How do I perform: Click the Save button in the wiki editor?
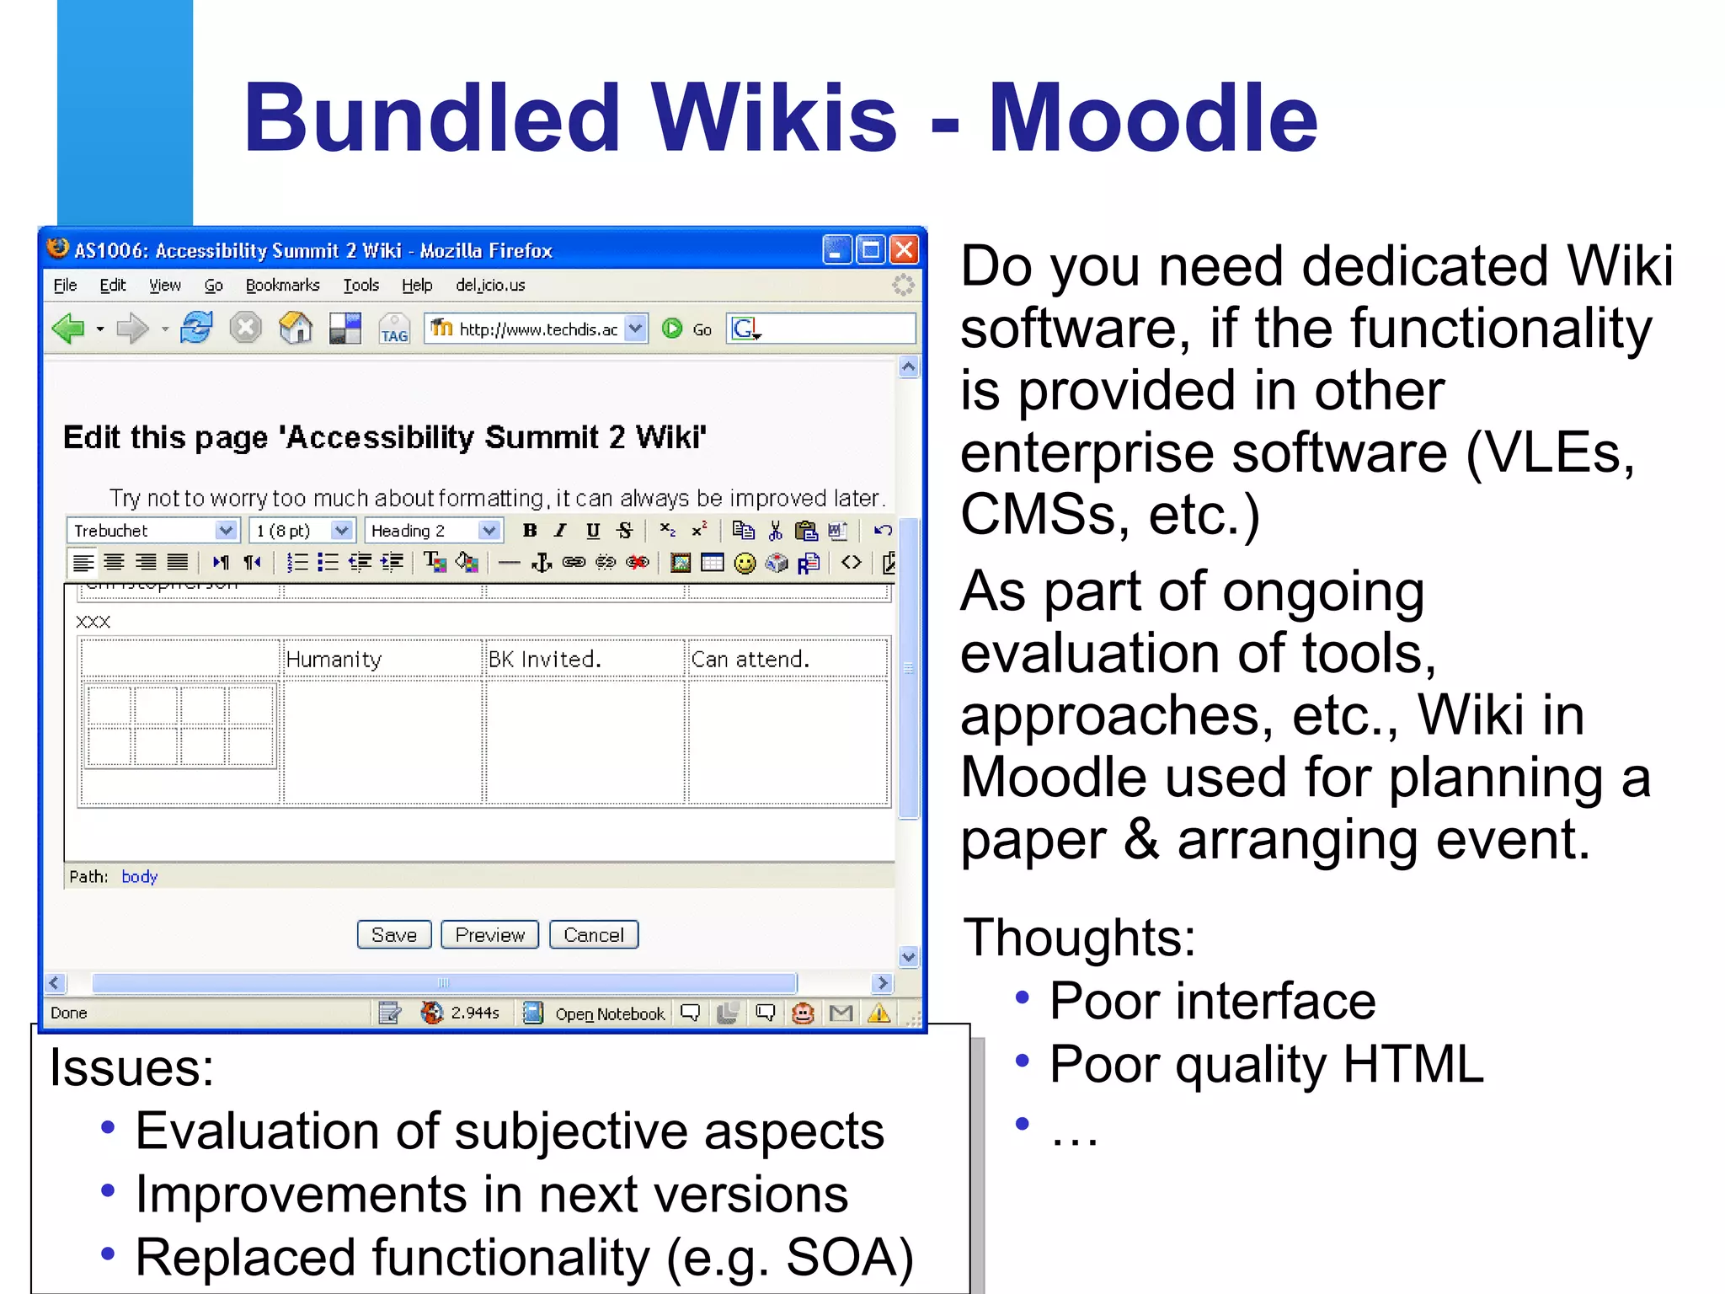(x=393, y=935)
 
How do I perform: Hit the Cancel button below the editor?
(x=593, y=935)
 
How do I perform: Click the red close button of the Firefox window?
(x=904, y=250)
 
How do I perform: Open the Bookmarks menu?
(x=282, y=286)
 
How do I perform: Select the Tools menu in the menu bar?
(x=360, y=286)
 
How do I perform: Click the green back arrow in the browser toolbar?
(x=69, y=329)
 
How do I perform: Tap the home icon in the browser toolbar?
(x=295, y=329)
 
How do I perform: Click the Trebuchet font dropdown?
(x=152, y=531)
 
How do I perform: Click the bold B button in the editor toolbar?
(x=529, y=531)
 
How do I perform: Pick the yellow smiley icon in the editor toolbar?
(x=745, y=563)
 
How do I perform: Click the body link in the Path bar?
(x=139, y=877)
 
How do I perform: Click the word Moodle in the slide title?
(x=1152, y=119)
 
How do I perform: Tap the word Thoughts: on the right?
(x=1079, y=937)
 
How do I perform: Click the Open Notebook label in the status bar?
(x=609, y=1014)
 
